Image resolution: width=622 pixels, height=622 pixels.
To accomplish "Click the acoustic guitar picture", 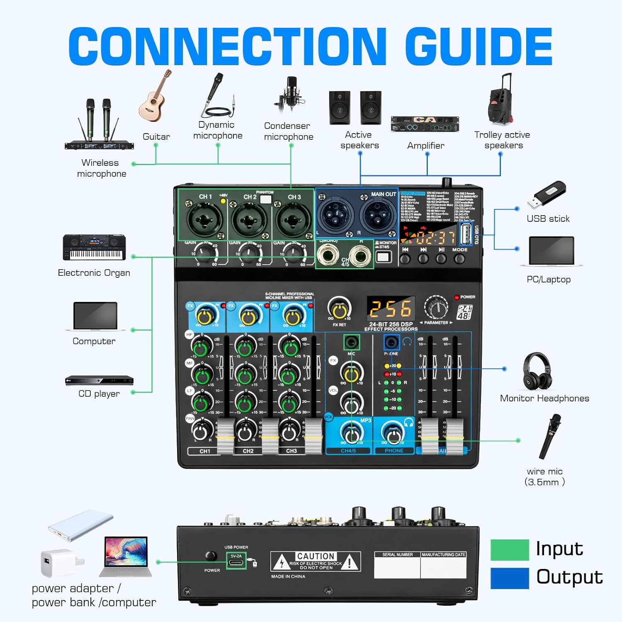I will pos(154,97).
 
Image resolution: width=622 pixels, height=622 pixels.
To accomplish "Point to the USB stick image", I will pos(546,195).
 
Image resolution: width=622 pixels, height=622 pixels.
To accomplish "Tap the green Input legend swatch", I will pos(509,550).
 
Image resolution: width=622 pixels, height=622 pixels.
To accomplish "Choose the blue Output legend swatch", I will pos(509,578).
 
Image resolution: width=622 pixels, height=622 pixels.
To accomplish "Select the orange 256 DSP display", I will pos(391,309).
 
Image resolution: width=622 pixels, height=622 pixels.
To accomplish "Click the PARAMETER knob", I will pos(436,308).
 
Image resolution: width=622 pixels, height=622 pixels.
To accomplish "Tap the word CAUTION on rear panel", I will pos(316,556).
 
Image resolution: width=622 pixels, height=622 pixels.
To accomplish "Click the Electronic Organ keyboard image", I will pos(94,248).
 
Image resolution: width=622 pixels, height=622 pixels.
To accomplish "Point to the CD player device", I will pos(99,380).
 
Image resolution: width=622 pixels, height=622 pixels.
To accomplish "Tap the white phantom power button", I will pos(265,199).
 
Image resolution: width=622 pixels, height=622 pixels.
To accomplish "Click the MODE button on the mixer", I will pos(459,259).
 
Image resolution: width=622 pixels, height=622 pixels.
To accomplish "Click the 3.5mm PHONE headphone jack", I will pos(391,343).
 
